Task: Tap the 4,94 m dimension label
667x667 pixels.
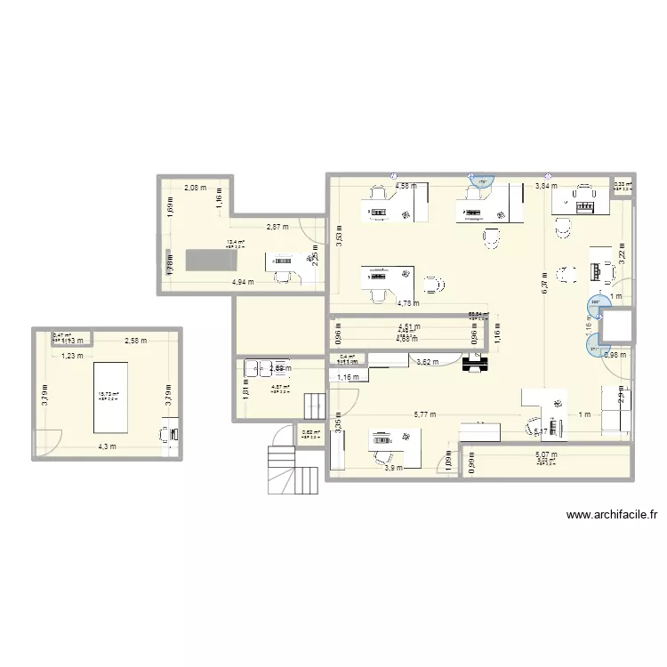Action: pos(243,282)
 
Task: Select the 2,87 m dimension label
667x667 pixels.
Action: pos(279,228)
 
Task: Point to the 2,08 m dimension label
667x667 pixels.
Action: pos(195,188)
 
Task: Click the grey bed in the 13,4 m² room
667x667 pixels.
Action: pos(212,260)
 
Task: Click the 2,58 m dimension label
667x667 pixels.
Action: pos(136,341)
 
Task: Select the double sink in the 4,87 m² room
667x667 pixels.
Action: pos(259,366)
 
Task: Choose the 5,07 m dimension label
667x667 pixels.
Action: pos(545,455)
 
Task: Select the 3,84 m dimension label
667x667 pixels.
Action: pos(546,187)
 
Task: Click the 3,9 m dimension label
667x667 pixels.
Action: pos(392,468)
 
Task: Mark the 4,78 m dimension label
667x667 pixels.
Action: pos(408,304)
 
